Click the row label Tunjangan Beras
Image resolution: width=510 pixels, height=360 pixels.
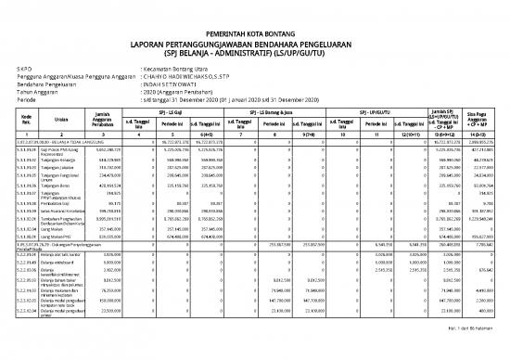click(x=59, y=185)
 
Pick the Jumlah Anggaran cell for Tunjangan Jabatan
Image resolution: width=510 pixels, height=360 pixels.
click(x=108, y=167)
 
